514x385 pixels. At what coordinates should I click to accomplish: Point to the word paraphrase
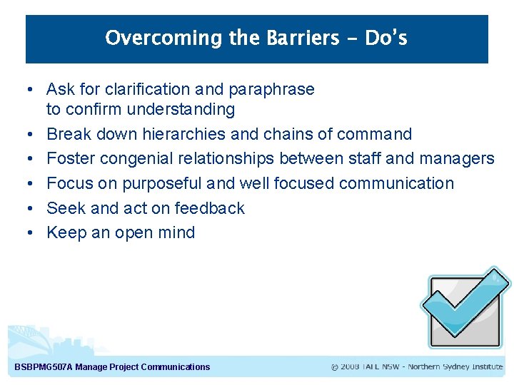(271, 89)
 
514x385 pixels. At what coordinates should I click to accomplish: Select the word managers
(457, 158)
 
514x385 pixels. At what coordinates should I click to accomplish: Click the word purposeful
(162, 183)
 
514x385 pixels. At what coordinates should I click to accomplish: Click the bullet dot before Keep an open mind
(26, 232)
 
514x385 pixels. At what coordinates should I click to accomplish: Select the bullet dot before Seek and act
(26, 208)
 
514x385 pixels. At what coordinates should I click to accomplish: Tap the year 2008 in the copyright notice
(350, 367)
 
